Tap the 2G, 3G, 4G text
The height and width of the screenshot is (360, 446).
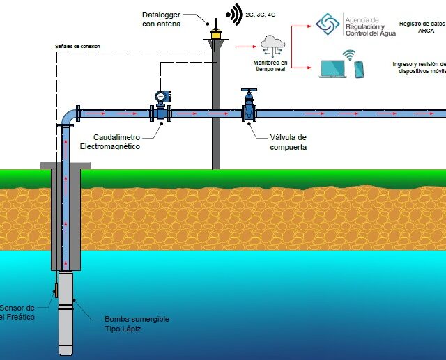[262, 13]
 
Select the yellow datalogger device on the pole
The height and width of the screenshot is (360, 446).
[215, 33]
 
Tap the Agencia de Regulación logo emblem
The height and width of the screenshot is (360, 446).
[328, 24]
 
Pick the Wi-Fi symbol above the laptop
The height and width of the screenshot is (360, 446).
[347, 54]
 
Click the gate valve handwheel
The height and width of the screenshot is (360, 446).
[249, 91]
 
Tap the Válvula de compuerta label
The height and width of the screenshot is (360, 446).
[288, 142]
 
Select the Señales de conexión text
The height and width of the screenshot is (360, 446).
[77, 46]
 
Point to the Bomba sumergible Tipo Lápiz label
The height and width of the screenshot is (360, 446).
[137, 324]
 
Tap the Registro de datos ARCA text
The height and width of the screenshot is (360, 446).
[422, 27]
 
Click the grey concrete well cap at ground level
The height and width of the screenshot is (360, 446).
[66, 165]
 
